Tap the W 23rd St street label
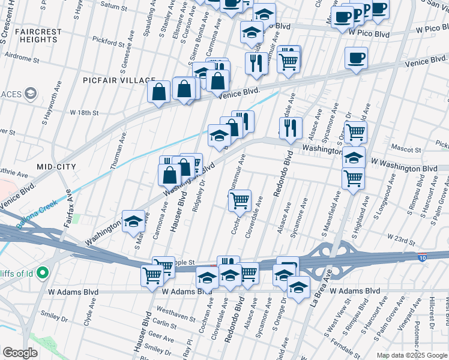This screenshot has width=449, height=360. pos(401,239)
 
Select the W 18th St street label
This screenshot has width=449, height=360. pos(83,112)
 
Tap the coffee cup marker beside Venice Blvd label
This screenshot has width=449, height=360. pos(356,58)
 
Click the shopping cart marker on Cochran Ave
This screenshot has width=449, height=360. pos(240,200)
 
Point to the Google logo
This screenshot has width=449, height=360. pos(20,353)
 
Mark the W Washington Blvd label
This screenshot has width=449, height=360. pos(403,166)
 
